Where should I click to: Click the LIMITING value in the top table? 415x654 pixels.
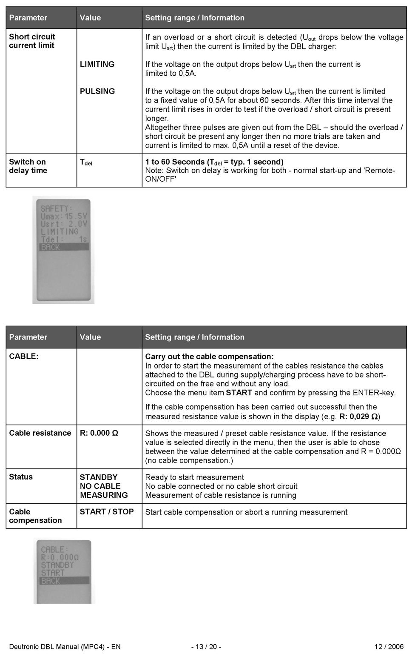pos(97,64)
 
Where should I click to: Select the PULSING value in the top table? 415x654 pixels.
pos(97,91)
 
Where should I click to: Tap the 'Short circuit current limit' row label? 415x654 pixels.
pos(32,41)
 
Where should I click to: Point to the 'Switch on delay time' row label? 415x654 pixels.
pos(28,166)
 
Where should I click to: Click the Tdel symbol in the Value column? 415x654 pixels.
pos(86,162)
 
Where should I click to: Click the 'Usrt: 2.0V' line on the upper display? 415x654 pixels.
pos(64,224)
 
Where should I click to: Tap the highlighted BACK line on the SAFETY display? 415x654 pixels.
pos(64,247)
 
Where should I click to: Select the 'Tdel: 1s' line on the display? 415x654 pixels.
pos(64,239)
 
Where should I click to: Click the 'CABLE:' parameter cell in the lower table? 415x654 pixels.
pos(24,357)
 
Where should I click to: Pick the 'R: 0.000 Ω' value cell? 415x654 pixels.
pos(99,433)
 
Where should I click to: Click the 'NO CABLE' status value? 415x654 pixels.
pos(100,486)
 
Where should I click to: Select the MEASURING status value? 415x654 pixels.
pos(103,495)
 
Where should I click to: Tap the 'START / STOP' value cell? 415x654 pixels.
pos(106,511)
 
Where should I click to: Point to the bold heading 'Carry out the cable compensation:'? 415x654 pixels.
pos(209,357)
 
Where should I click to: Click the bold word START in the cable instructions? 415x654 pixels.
pos(239,392)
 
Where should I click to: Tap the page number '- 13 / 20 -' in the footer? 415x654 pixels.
pos(206,647)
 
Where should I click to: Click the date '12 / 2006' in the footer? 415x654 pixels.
pos(389,647)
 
